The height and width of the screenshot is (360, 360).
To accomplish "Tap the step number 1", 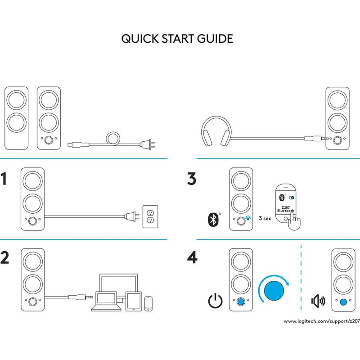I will [x=6, y=179].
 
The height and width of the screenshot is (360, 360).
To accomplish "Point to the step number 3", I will [x=192, y=179].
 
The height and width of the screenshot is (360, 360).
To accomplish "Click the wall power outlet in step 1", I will [x=150, y=216].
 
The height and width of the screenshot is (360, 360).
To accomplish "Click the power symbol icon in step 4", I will [x=215, y=301].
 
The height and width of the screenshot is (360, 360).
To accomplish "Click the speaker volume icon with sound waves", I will [x=318, y=301].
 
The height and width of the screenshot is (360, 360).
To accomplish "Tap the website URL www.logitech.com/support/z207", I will [x=321, y=321].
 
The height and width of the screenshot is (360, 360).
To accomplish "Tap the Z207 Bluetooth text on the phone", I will [x=286, y=208].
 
